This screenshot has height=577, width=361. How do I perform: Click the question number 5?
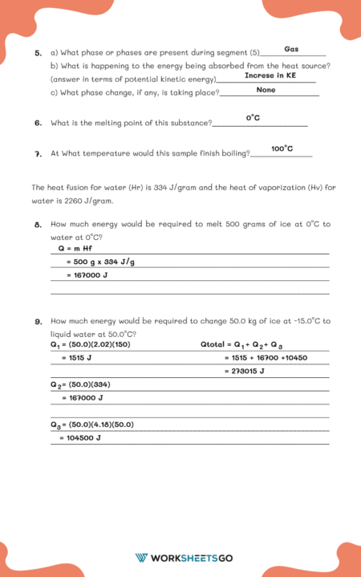coord(39,53)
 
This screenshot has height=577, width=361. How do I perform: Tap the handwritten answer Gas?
coord(291,49)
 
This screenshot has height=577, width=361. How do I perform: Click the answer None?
coord(266,90)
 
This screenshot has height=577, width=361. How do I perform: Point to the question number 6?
coord(39,124)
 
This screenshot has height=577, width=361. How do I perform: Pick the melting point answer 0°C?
coord(253,118)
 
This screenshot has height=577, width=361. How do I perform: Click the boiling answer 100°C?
coord(282,148)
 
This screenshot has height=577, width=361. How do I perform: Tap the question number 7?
coord(39,153)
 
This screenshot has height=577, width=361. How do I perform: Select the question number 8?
coord(39,225)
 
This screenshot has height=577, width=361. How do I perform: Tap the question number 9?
coord(39,322)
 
